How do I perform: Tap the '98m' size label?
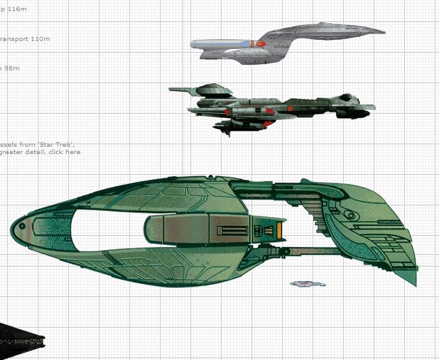click(x=12, y=68)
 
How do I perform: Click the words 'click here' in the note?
click(x=65, y=152)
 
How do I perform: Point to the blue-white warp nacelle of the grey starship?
click(x=220, y=44)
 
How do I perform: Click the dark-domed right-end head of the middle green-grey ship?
click(x=347, y=98)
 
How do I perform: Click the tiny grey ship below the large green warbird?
click(x=308, y=284)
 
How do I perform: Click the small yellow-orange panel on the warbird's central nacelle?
click(x=280, y=230)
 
